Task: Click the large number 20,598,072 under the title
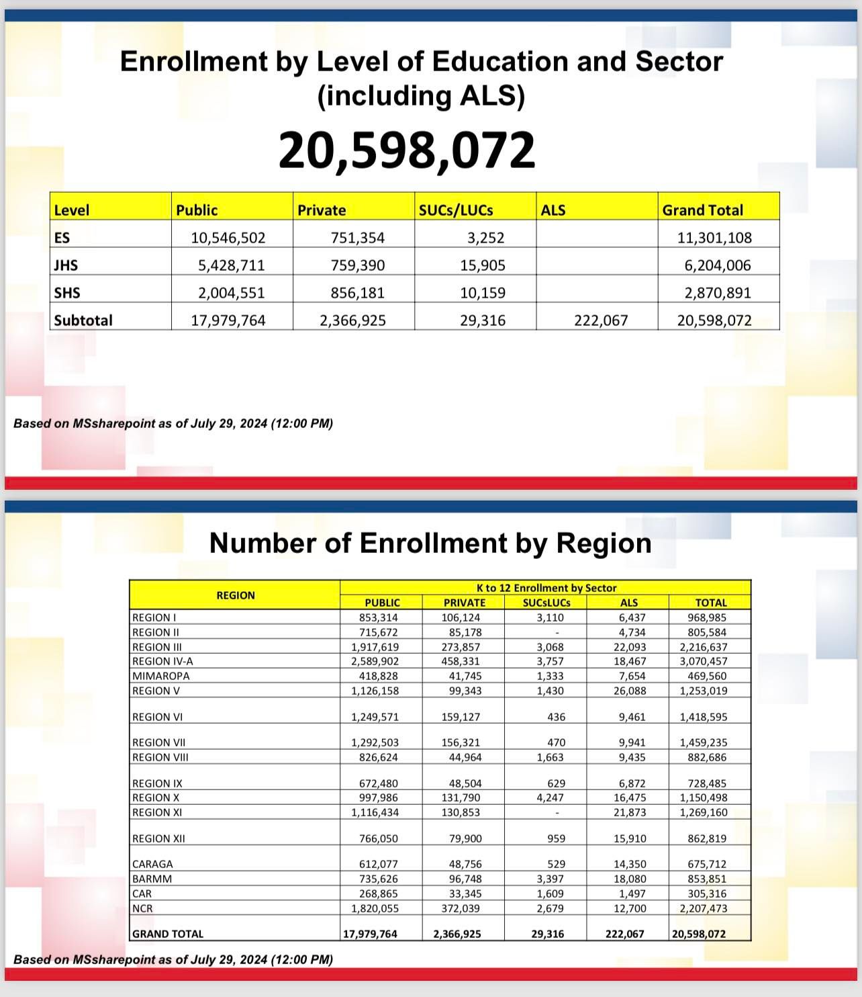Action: pyautogui.click(x=407, y=150)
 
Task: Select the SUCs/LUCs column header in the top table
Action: pyautogui.click(x=456, y=210)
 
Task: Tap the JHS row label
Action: pyautogui.click(x=66, y=265)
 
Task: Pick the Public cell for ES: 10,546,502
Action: pyautogui.click(x=228, y=238)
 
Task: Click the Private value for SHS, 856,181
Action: pyautogui.click(x=358, y=293)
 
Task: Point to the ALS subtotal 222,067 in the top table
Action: pyautogui.click(x=601, y=320)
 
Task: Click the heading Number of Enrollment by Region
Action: pyautogui.click(x=430, y=543)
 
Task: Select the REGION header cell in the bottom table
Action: pyautogui.click(x=235, y=595)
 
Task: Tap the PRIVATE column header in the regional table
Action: pyautogui.click(x=465, y=603)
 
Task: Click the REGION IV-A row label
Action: pyautogui.click(x=162, y=661)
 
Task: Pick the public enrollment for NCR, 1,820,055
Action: pyautogui.click(x=375, y=908)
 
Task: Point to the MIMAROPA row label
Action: pyautogui.click(x=161, y=676)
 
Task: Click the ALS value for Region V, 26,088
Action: pyautogui.click(x=629, y=691)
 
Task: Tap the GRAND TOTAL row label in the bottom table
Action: pyautogui.click(x=168, y=934)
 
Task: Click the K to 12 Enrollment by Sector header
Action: pyautogui.click(x=546, y=588)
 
